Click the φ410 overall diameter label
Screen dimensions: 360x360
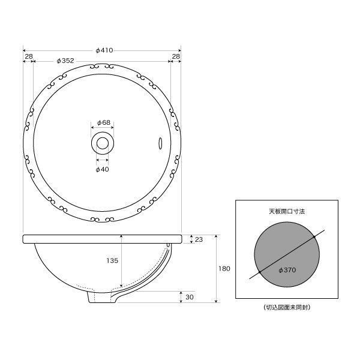pyautogui.click(x=104, y=50)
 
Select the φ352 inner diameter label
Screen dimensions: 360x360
pyautogui.click(x=65, y=61)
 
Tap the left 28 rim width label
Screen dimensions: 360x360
pyautogui.click(x=29, y=56)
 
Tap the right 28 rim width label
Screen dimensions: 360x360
pyautogui.click(x=176, y=56)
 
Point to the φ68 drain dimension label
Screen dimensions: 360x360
pyautogui.click(x=104, y=122)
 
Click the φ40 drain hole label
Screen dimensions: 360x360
pyautogui.click(x=102, y=169)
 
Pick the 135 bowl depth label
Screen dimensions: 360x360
pyautogui.click(x=112, y=260)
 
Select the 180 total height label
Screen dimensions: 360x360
pyautogui.click(x=224, y=269)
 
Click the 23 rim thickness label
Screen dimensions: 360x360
pyautogui.click(x=199, y=239)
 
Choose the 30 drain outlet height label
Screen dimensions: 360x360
pyautogui.click(x=190, y=297)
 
